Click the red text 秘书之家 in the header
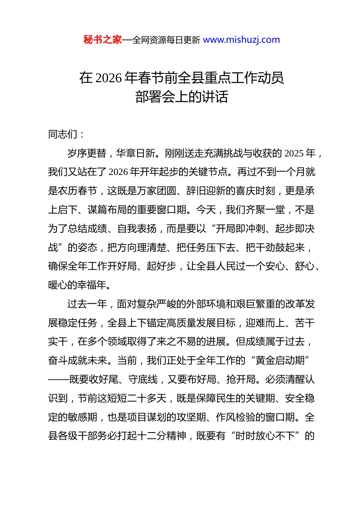pos(102,40)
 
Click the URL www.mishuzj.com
pos(241,40)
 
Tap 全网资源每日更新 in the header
pos(166,40)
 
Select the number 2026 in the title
pos(108,78)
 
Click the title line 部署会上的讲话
pos(182,97)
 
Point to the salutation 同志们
pos(63,134)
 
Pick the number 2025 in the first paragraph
pos(294,153)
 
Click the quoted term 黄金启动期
pos(280,361)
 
